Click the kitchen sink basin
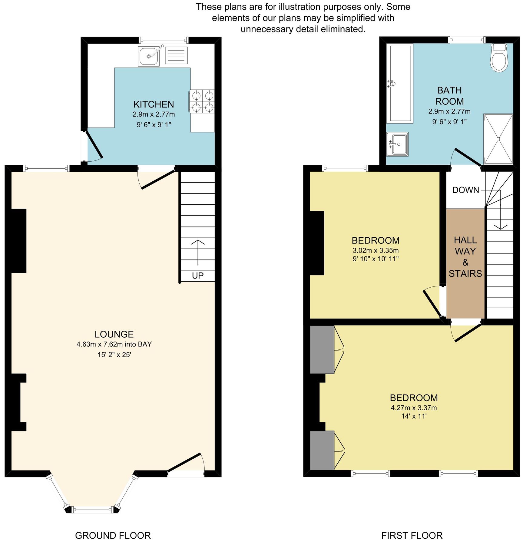[x=148, y=56]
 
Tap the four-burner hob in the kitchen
[x=202, y=101]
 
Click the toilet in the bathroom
[x=499, y=59]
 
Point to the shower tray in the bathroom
[x=498, y=139]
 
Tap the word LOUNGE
[x=114, y=334]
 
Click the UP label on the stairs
[x=198, y=276]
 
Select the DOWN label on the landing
[x=465, y=190]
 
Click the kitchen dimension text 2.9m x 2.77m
[x=154, y=114]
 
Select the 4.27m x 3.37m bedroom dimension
[x=413, y=408]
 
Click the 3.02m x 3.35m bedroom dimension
[x=376, y=250]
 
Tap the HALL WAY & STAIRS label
[x=465, y=257]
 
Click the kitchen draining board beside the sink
[x=176, y=55]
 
